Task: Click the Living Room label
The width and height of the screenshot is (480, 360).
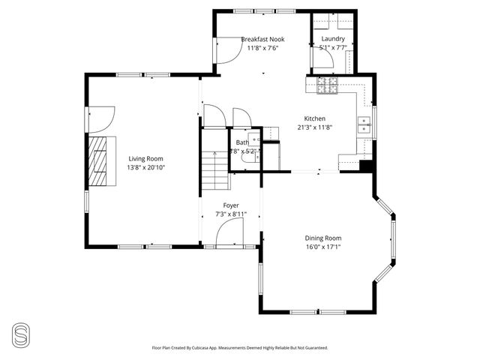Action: [x=145, y=158]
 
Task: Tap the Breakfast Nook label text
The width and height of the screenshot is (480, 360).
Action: [x=262, y=39]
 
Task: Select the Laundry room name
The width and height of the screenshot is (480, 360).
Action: [x=333, y=39]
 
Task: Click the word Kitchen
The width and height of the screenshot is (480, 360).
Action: [x=314, y=118]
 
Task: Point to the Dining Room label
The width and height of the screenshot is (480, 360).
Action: [x=322, y=238]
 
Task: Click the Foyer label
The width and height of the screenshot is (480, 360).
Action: [x=231, y=205]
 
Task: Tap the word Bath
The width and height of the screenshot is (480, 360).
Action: [x=242, y=142]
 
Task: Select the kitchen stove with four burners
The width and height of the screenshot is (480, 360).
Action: [x=327, y=86]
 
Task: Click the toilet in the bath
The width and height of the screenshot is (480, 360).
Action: [x=248, y=158]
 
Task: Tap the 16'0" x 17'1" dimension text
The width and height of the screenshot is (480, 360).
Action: [x=322, y=247]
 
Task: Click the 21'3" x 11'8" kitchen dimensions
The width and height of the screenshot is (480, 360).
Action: [x=314, y=127]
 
